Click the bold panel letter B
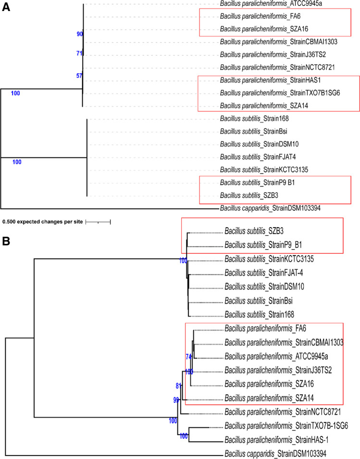6,240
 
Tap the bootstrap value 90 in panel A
80,34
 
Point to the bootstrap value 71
80,53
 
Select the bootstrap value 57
80,75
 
